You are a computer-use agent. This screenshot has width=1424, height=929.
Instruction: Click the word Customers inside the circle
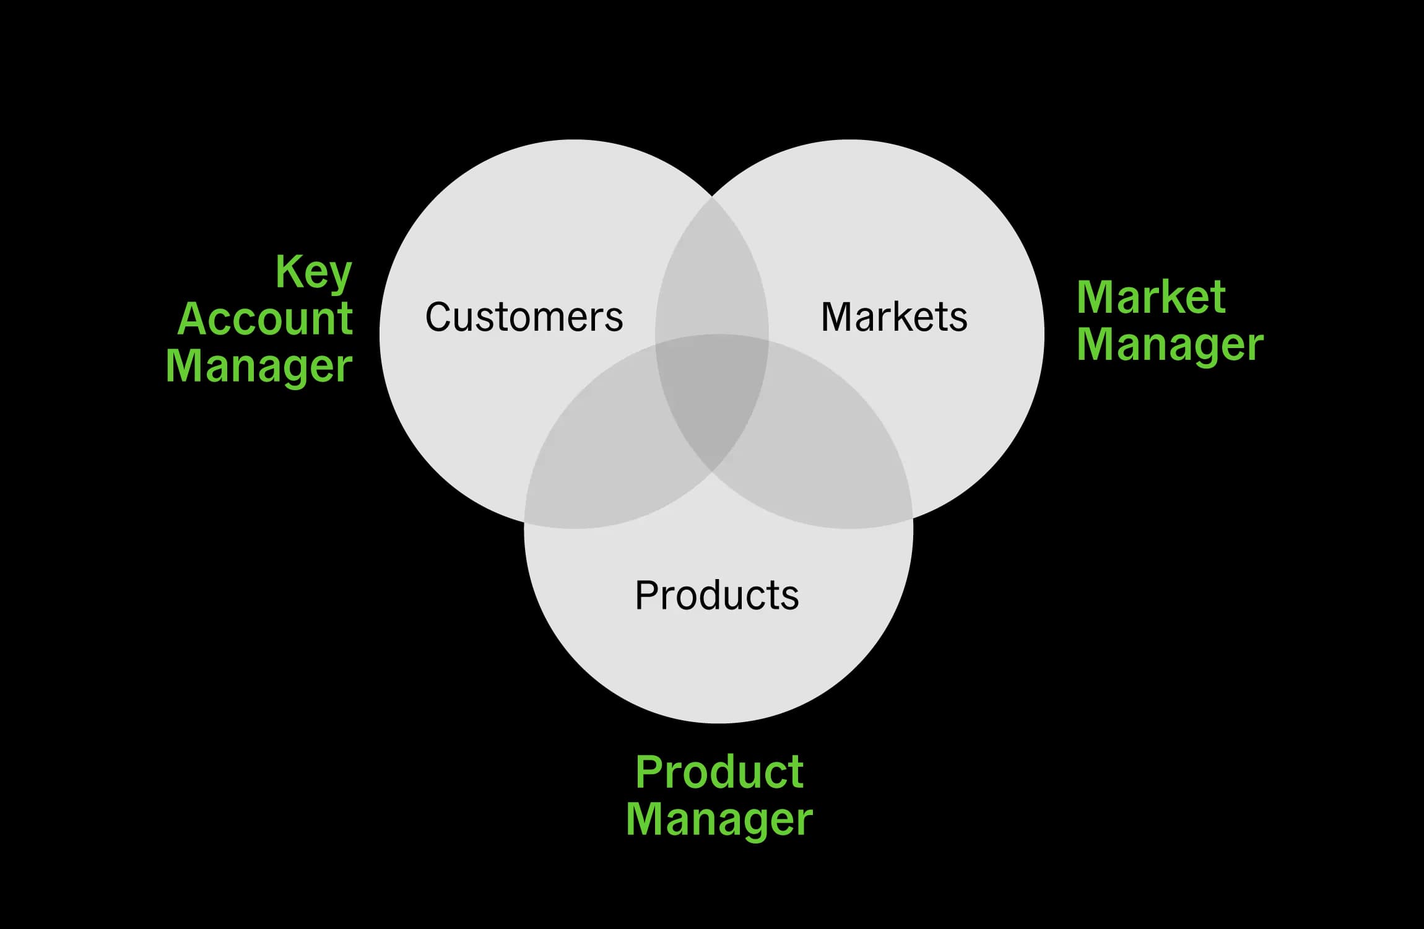tap(524, 317)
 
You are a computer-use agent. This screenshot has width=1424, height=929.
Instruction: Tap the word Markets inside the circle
tap(893, 317)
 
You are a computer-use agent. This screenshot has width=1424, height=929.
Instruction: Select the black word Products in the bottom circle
tap(717, 595)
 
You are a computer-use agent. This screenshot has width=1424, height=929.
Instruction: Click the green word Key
tap(314, 273)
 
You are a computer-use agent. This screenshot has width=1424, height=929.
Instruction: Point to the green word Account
tap(265, 319)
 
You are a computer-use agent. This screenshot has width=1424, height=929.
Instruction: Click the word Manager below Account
tap(259, 367)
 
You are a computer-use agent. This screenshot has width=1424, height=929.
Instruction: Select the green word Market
tap(1151, 297)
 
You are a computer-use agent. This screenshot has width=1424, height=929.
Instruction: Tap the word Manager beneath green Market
tap(1170, 345)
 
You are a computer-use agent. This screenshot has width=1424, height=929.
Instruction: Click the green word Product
tap(719, 772)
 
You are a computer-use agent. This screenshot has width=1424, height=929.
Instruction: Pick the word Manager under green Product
tap(719, 819)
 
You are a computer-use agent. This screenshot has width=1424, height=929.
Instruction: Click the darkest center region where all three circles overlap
tap(712, 396)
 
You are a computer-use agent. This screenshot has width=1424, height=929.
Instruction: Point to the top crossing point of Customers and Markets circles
tap(712, 197)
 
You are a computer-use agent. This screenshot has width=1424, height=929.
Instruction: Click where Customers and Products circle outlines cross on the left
tap(525, 521)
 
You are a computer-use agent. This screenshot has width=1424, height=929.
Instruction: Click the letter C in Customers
tap(438, 317)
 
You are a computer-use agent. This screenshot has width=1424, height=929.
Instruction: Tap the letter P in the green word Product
tap(650, 772)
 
